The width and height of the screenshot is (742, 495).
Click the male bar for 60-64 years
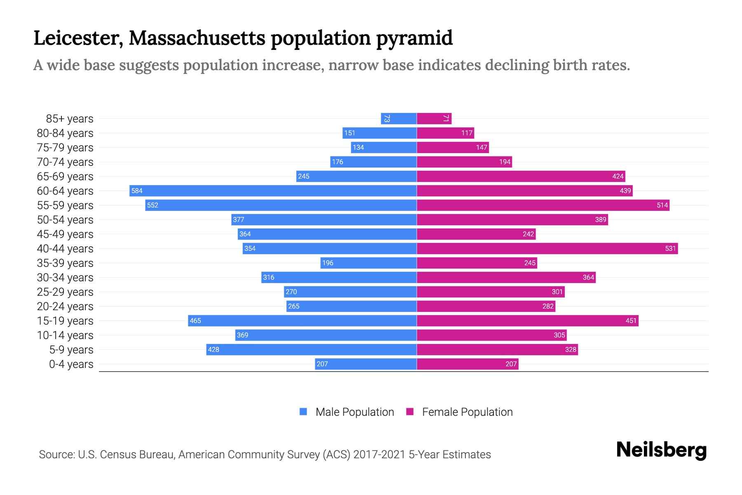click(273, 191)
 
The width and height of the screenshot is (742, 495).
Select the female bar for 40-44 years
click(547, 248)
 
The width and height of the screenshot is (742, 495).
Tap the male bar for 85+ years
click(399, 119)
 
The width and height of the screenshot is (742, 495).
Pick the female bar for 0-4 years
click(467, 364)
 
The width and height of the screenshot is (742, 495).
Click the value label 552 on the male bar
click(153, 205)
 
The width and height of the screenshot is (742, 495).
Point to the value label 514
click(662, 205)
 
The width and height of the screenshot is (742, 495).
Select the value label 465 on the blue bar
click(195, 321)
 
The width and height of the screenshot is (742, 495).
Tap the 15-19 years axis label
click(65, 321)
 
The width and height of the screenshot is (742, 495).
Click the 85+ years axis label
click(70, 119)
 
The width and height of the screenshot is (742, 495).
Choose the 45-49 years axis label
click(65, 234)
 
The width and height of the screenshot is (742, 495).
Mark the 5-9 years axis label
click(71, 349)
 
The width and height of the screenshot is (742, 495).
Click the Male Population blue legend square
click(303, 412)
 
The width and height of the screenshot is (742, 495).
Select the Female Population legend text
click(467, 412)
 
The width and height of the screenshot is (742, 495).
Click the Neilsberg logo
click(661, 450)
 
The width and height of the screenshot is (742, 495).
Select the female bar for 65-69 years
click(521, 176)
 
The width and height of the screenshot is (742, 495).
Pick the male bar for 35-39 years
click(369, 263)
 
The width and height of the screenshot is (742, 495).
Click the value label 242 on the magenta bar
click(528, 234)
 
